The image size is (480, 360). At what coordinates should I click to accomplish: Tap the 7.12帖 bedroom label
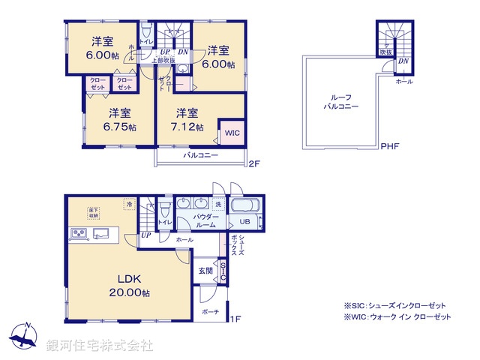coord(187,120)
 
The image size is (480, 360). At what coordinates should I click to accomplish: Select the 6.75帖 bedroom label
coord(119,120)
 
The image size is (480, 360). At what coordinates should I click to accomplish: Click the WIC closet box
coord(232,132)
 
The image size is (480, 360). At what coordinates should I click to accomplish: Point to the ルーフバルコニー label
coord(341,103)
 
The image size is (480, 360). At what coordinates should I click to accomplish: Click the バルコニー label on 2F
coord(200,155)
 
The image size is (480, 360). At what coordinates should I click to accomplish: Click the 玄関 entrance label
coord(205,270)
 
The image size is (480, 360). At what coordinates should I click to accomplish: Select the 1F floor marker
coord(235,319)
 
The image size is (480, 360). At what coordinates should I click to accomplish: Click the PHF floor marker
coord(388,145)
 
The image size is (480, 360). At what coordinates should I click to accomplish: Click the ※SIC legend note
coord(394,305)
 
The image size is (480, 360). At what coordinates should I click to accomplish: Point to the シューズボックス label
coord(235,244)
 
